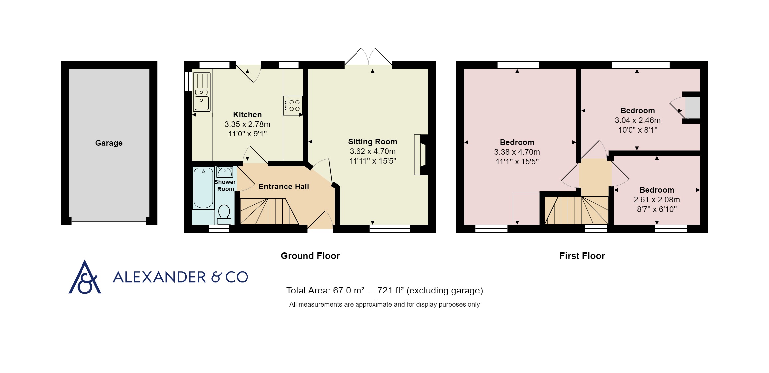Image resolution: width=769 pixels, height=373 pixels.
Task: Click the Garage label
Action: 109,143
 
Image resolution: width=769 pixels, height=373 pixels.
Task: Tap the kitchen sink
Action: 202,92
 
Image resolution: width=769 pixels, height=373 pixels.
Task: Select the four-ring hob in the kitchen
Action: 293,105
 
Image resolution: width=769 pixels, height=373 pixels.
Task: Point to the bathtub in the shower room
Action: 203,188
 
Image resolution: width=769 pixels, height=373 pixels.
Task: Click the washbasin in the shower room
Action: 225,172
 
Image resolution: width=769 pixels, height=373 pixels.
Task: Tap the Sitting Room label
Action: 372,142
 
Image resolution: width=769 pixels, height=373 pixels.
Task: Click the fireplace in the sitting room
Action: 421,155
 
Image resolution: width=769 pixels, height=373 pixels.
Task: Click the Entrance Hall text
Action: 284,186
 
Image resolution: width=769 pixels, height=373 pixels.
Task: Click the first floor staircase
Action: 577,210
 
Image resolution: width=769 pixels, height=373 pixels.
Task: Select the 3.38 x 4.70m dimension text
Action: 517,152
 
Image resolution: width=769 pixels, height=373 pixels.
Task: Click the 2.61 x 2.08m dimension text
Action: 657,200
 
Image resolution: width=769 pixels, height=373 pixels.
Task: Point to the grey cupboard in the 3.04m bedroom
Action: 692,107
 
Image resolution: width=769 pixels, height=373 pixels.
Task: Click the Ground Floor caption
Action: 310,256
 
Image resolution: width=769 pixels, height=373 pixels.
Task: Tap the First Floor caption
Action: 582,256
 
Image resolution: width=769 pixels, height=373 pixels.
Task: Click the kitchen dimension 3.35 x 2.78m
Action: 247,124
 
